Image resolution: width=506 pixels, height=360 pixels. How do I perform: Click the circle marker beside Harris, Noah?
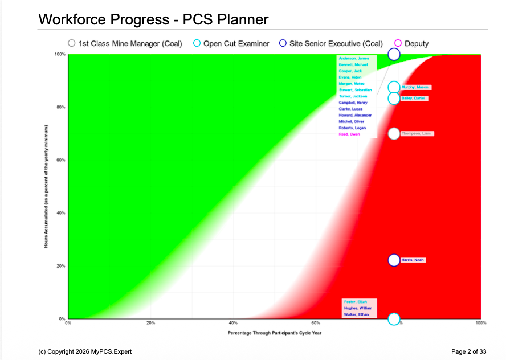[394, 260]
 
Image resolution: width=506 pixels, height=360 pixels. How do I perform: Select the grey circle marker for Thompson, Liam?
[394, 134]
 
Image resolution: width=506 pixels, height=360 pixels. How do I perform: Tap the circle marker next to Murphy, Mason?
[394, 87]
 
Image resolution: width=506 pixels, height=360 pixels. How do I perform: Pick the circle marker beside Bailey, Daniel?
[394, 99]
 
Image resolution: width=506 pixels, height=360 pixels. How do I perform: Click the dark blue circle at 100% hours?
[394, 54]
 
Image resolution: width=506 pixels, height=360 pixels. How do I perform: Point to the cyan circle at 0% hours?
[394, 318]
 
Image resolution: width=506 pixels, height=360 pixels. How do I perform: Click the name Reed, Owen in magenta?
[349, 134]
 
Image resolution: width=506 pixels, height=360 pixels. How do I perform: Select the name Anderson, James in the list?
[353, 58]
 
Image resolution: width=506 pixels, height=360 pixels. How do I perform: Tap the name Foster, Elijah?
[355, 301]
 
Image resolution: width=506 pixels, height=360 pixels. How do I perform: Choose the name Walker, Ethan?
[356, 314]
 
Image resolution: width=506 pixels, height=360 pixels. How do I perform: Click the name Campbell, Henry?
[353, 103]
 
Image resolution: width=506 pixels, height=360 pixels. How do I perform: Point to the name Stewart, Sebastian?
[355, 90]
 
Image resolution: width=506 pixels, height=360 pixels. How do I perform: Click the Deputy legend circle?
[398, 43]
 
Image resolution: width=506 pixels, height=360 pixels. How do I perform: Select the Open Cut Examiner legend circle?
[197, 43]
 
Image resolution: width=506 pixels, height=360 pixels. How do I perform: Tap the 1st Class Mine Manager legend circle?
[72, 43]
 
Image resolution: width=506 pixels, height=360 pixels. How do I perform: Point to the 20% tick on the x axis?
[150, 323]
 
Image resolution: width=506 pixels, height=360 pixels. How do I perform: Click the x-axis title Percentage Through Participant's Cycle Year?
[275, 333]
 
